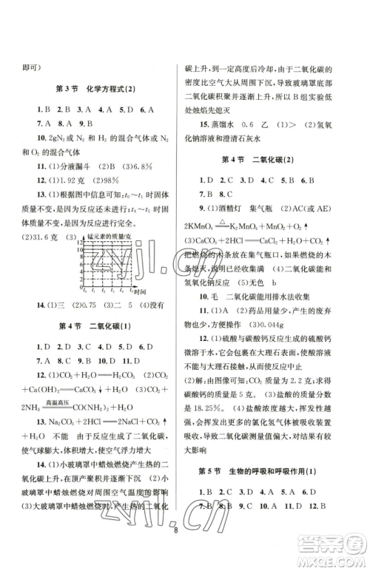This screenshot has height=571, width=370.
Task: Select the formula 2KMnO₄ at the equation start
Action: (x=198, y=226)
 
